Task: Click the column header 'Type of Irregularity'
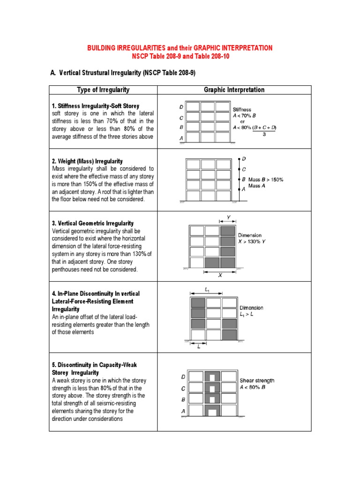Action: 103,90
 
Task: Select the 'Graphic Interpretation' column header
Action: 234,90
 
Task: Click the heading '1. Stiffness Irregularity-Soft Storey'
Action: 96,106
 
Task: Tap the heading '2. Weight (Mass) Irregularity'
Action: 88,161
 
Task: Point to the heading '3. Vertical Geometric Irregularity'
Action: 93,224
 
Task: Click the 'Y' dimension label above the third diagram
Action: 228,217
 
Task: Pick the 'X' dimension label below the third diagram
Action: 220,276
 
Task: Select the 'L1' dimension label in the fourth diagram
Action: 207,290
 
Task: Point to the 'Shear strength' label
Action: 257,381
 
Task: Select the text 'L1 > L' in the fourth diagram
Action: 248,315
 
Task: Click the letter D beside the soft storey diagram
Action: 181,107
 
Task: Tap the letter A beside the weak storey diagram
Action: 183,411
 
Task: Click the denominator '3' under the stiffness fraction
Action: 264,133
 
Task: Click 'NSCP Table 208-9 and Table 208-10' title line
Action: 180,56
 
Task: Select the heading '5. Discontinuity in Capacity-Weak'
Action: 94,365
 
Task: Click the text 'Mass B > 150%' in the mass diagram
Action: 266,180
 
